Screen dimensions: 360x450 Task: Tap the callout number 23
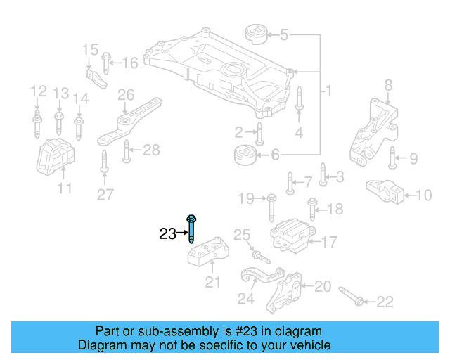167,234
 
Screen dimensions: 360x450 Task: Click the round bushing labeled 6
245,153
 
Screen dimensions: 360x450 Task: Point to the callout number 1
327,91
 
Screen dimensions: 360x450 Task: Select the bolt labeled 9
392,160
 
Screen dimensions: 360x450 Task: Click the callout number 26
125,95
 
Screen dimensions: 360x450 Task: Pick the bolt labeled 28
127,150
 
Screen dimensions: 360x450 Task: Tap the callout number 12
37,91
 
